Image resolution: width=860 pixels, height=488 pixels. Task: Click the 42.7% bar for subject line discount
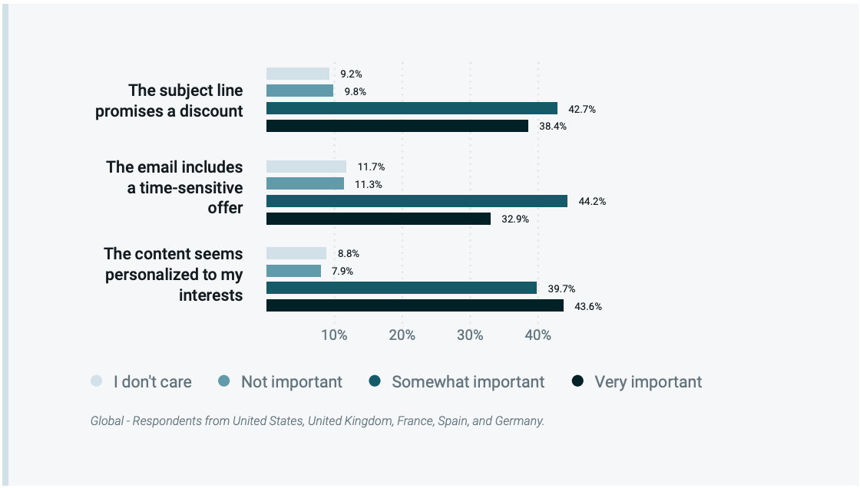pyautogui.click(x=412, y=108)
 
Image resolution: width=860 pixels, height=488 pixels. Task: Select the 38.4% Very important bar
pyautogui.click(x=397, y=126)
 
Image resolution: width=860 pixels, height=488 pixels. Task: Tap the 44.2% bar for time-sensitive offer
pyautogui.click(x=417, y=201)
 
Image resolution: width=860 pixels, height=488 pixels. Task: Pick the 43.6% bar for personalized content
pyautogui.click(x=415, y=305)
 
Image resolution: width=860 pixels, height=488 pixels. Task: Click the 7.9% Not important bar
pyautogui.click(x=293, y=271)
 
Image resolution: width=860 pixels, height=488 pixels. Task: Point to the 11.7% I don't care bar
pyautogui.click(x=306, y=167)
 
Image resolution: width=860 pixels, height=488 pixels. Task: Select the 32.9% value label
pyautogui.click(x=516, y=219)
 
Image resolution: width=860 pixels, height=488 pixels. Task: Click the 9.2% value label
pyautogui.click(x=352, y=74)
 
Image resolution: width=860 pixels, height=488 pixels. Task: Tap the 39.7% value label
pyautogui.click(x=562, y=289)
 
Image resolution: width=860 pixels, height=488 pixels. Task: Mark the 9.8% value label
pyautogui.click(x=356, y=91)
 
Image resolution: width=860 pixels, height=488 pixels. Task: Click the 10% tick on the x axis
pyautogui.click(x=334, y=335)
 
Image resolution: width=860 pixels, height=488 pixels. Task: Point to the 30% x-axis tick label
pyautogui.click(x=470, y=335)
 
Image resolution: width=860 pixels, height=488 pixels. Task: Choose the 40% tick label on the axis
pyautogui.click(x=537, y=335)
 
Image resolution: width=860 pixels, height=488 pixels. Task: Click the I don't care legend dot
pyautogui.click(x=97, y=381)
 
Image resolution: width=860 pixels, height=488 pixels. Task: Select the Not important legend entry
pyautogui.click(x=291, y=381)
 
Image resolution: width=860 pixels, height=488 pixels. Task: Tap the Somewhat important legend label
pyautogui.click(x=468, y=381)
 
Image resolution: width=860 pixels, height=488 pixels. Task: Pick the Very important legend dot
pyautogui.click(x=579, y=381)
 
